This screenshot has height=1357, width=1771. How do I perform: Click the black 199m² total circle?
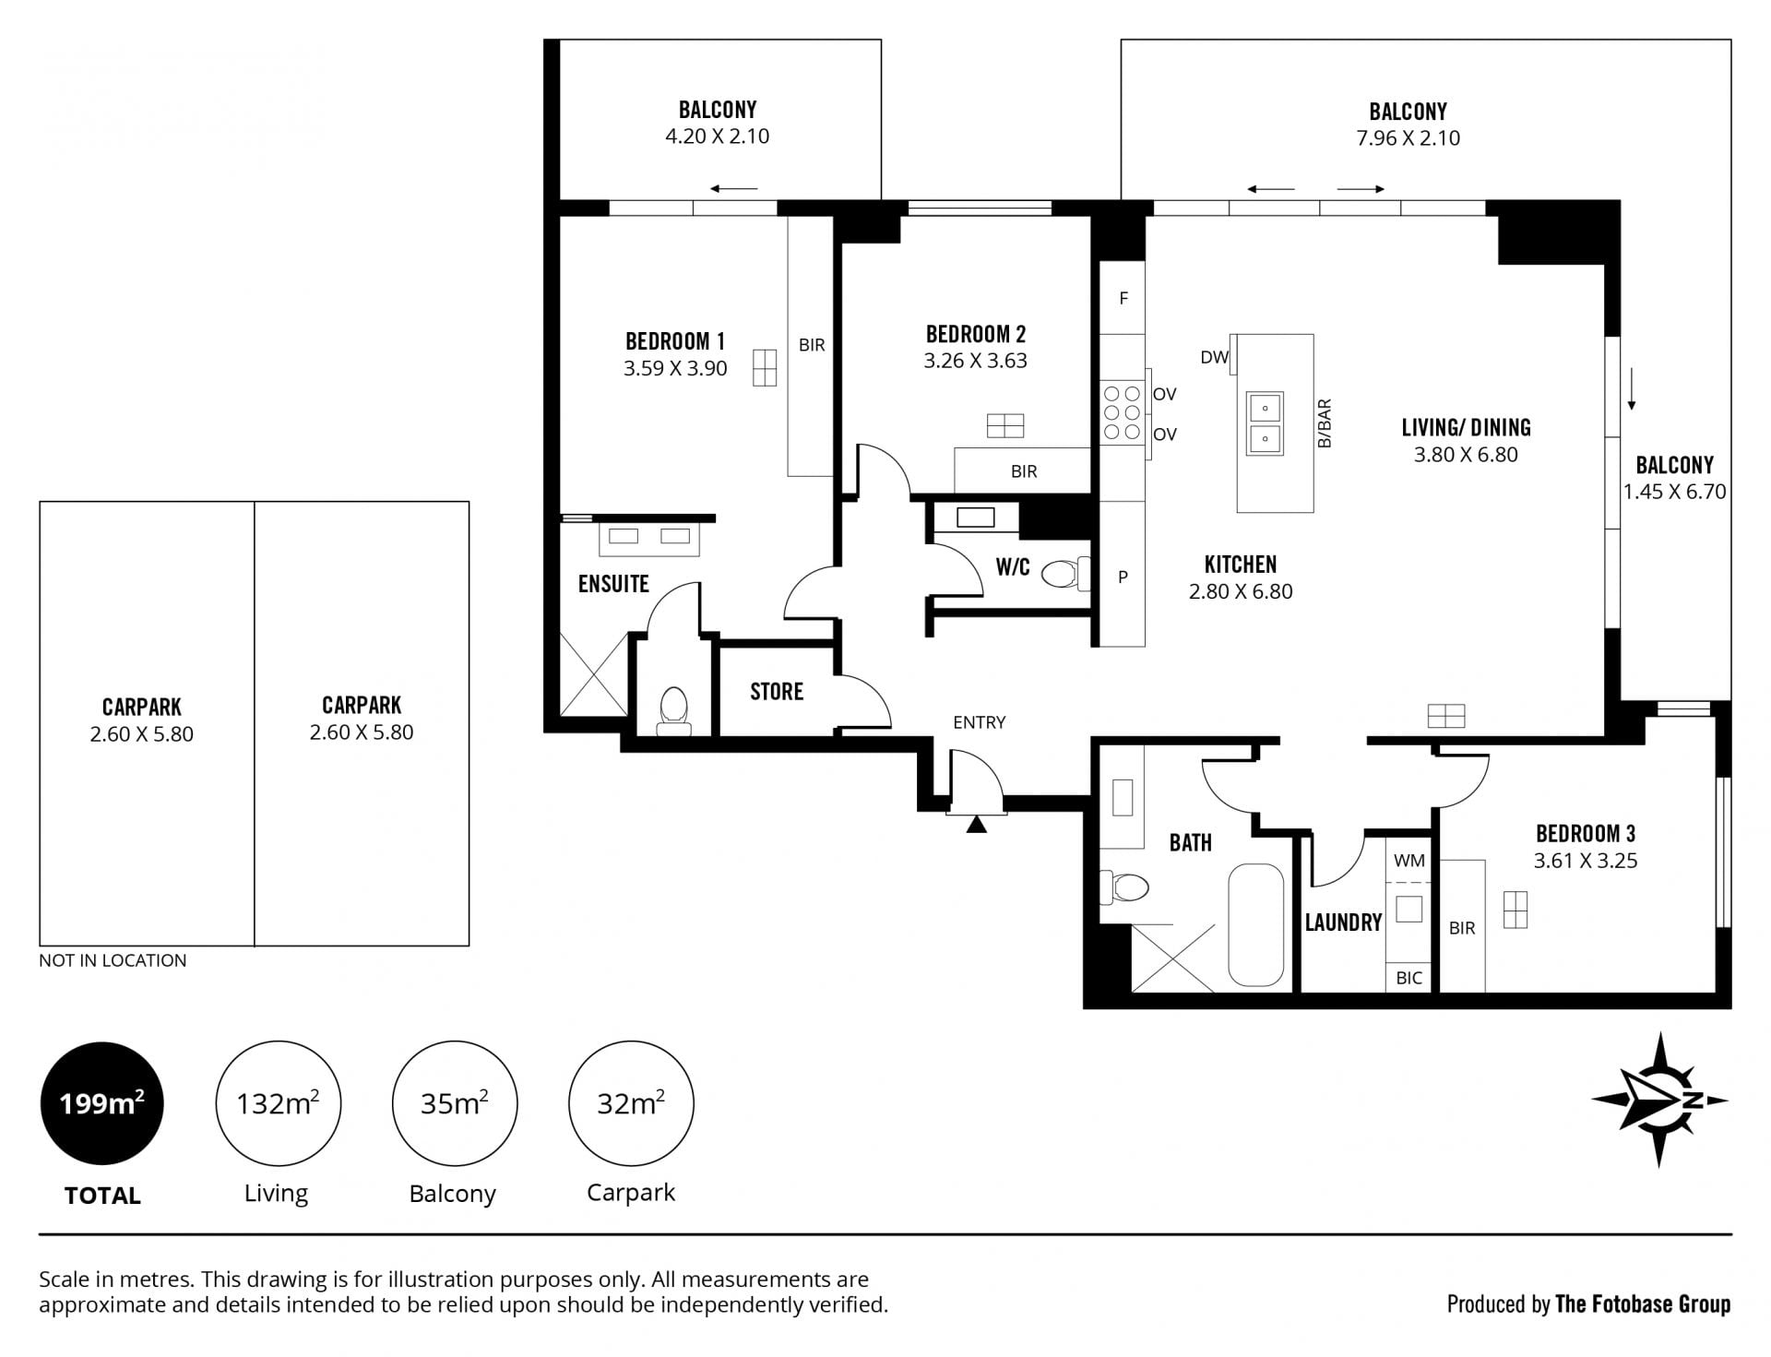101,1103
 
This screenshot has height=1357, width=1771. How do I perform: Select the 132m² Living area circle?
278,1103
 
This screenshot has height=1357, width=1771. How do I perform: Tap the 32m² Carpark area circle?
631,1103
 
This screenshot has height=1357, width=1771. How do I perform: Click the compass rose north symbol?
1660,1100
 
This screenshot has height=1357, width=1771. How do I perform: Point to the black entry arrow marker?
977,824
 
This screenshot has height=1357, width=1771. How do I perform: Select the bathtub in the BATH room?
1255,925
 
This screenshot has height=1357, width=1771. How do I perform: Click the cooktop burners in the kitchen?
1122,412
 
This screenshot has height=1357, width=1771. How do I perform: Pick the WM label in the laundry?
1408,861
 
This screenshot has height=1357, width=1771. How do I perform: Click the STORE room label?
777,691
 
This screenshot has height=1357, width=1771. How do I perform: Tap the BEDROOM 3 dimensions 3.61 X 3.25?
1586,861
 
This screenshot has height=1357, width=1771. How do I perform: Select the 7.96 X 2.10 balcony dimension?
1408,138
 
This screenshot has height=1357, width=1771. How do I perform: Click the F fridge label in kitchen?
1123,298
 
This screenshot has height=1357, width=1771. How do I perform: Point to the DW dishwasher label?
1215,357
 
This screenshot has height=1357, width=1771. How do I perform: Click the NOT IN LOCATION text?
113,960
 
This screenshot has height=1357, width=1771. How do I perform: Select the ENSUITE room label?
613,583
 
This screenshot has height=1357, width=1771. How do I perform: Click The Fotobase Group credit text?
1643,1303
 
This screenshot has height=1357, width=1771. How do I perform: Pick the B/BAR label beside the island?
1325,423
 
